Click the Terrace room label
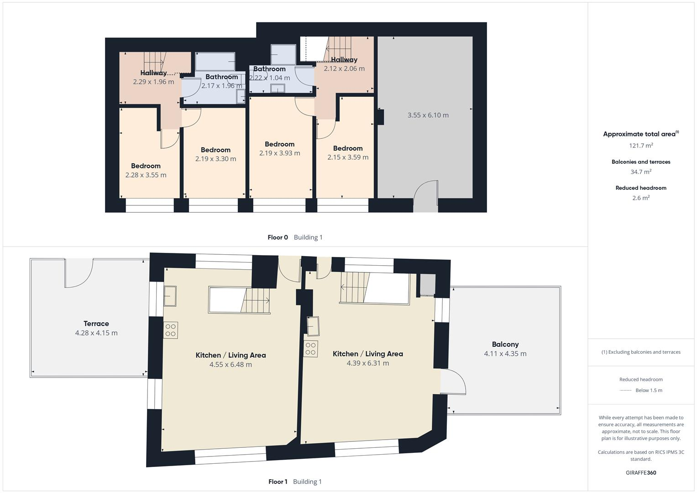click(x=96, y=324)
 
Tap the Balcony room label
click(x=505, y=344)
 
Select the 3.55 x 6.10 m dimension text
click(x=428, y=115)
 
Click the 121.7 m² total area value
click(x=641, y=146)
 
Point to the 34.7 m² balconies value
click(x=641, y=172)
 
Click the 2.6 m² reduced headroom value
click(x=641, y=198)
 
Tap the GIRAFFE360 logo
click(x=641, y=473)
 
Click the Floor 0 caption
click(x=278, y=237)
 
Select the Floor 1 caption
click(x=278, y=482)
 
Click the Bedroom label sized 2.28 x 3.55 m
click(x=146, y=166)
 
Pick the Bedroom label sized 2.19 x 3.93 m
click(x=279, y=144)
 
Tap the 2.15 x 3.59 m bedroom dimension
click(x=347, y=157)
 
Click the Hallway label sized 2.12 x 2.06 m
click(x=344, y=60)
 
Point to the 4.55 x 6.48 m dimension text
click(x=231, y=365)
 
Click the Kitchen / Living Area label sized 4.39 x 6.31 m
click(x=367, y=354)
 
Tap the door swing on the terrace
click(x=79, y=274)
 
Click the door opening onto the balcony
click(x=453, y=382)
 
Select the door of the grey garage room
click(x=426, y=195)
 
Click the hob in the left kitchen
click(x=171, y=330)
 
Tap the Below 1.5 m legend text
click(x=649, y=390)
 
